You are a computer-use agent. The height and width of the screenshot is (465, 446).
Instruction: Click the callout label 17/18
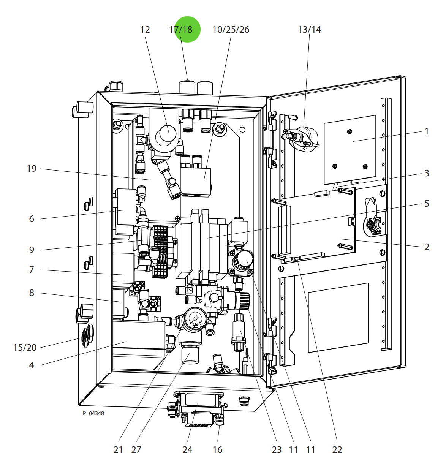tap(181, 30)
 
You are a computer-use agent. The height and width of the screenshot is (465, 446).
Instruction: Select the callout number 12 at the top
tap(145, 30)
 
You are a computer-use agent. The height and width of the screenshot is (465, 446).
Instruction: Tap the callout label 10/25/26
tap(231, 30)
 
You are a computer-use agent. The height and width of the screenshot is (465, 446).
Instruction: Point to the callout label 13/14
tap(309, 30)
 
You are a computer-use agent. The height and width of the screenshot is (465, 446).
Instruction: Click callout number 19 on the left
tap(32, 168)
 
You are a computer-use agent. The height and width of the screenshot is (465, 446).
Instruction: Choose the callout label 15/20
tap(25, 347)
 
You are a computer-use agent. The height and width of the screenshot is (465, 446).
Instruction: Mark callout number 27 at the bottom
tap(136, 449)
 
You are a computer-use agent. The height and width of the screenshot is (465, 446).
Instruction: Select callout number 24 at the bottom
tap(187, 449)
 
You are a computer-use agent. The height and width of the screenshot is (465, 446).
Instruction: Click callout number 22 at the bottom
tap(337, 449)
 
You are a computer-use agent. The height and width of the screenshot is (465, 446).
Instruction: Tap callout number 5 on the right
tap(427, 204)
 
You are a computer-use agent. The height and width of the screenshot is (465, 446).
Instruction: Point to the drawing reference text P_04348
tap(93, 413)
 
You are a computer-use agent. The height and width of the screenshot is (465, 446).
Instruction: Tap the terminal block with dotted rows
tap(161, 251)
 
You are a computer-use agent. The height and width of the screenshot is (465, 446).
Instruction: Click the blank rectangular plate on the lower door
tap(338, 317)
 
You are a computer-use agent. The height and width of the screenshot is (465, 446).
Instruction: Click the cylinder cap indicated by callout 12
tap(168, 134)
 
